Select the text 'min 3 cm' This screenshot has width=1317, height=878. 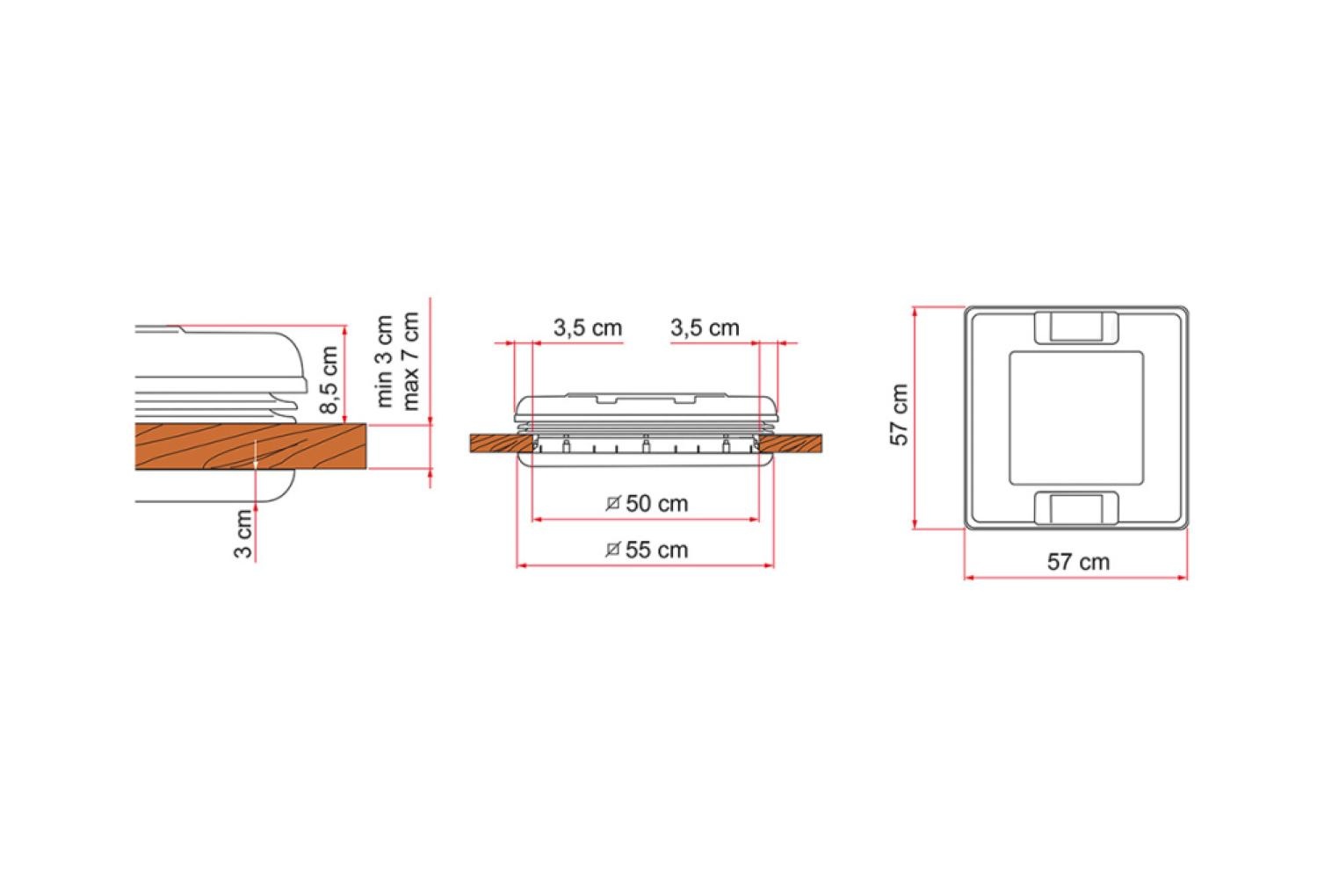[x=385, y=360]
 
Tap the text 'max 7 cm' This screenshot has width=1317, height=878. [x=410, y=360]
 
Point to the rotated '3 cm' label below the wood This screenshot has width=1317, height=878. [x=243, y=534]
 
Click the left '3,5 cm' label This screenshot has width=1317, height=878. [x=587, y=328]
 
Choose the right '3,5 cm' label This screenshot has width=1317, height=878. [x=705, y=328]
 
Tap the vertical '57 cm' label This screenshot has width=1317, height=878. [x=900, y=415]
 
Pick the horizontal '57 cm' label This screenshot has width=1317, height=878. [x=1078, y=562]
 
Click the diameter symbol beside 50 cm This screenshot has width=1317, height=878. [x=614, y=503]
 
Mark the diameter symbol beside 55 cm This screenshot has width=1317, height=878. [x=614, y=550]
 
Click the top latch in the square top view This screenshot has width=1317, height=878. [x=1076, y=327]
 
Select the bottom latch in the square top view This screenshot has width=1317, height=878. [x=1076, y=508]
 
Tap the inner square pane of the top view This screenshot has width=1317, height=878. [x=1076, y=417]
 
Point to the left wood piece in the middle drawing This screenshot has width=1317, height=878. [x=497, y=443]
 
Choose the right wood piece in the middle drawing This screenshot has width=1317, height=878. [x=791, y=443]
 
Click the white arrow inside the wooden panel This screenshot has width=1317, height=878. [x=255, y=455]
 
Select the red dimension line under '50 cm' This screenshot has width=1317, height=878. [x=646, y=520]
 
